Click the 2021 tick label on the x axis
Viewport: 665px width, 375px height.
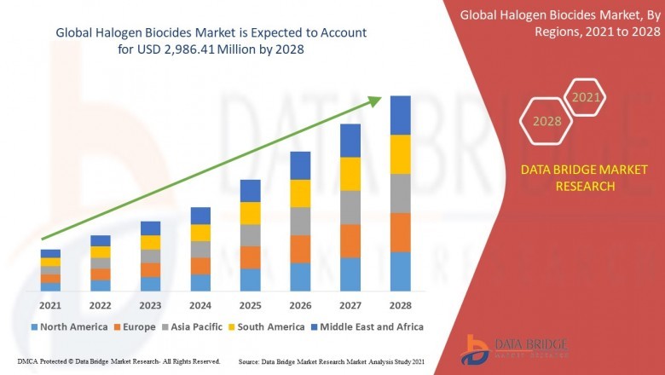(x=50, y=305)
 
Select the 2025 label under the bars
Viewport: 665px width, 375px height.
(x=250, y=305)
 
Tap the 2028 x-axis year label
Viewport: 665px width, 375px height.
(x=400, y=305)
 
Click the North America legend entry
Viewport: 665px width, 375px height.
(x=69, y=326)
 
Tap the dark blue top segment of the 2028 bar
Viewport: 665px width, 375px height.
(x=400, y=115)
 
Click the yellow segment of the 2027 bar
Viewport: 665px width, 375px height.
(x=350, y=174)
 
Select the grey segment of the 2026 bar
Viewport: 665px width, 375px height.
(x=300, y=221)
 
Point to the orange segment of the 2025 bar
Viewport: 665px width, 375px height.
(x=250, y=257)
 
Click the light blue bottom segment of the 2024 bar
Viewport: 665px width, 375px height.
(x=200, y=282)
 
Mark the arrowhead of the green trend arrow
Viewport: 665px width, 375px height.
(x=375, y=101)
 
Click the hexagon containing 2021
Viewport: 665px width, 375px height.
(x=586, y=98)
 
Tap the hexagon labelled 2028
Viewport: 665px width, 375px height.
(x=546, y=121)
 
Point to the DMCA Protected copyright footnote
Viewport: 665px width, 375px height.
(x=119, y=361)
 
